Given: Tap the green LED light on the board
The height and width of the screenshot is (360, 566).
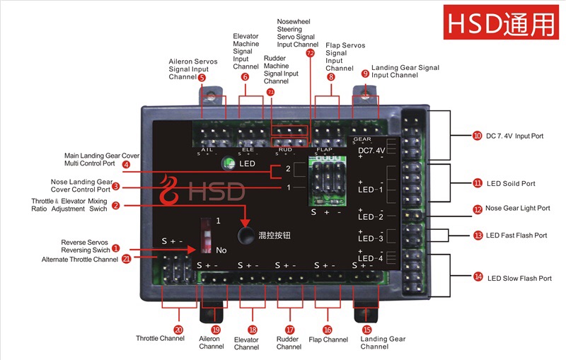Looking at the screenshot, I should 229,164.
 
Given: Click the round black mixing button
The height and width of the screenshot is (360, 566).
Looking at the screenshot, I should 246,235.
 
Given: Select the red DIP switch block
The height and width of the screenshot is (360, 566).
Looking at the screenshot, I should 207,235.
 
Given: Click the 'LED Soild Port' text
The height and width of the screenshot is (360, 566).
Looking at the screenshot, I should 511,184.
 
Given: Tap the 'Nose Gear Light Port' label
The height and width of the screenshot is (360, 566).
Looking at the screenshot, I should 519,209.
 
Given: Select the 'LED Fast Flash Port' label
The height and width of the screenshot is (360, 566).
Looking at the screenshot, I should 517,235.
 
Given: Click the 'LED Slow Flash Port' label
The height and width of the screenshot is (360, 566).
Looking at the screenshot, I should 519,278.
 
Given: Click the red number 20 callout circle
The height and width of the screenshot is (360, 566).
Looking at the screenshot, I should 178,330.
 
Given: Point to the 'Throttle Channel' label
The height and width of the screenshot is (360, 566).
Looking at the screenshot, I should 160,339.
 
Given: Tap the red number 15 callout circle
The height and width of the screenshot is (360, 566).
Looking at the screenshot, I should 366,330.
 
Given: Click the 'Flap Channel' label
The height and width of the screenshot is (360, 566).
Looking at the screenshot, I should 328,339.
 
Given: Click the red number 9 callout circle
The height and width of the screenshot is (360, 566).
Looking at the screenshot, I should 365,73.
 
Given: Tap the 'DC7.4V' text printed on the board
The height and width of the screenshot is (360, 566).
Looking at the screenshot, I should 371,150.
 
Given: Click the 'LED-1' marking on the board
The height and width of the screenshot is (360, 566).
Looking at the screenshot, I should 370,190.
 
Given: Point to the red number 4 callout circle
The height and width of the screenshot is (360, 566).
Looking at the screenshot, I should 126,165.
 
